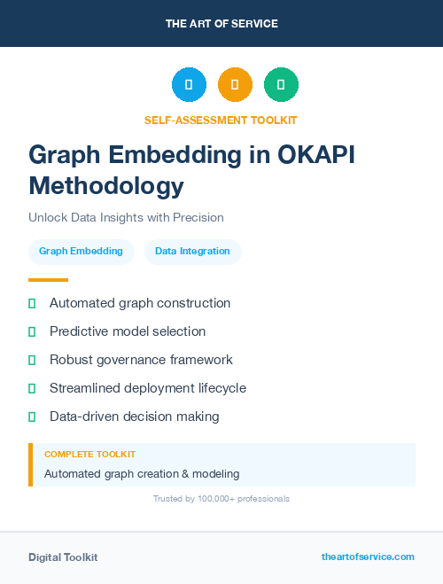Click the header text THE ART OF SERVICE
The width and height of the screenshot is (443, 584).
point(221,24)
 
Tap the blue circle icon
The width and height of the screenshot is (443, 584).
point(189,85)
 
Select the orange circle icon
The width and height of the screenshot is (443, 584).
point(235,85)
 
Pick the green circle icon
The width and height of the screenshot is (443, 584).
point(281,85)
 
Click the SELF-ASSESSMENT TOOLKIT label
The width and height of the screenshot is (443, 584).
point(221,120)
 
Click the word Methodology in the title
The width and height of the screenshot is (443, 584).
point(106,185)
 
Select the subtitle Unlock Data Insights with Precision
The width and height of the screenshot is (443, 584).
point(126,217)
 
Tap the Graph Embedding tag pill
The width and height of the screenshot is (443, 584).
point(81,252)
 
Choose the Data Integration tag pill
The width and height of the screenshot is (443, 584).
point(192,252)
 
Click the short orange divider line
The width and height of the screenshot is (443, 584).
point(48,279)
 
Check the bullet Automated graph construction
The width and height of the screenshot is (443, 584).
point(140,303)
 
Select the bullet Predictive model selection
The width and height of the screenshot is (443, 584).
point(128,331)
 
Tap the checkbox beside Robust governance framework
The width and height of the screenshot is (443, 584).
point(32,360)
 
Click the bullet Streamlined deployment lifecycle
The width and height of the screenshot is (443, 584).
point(148,388)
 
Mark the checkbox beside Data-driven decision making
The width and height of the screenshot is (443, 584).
point(32,417)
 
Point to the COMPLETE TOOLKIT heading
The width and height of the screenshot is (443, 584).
point(89,454)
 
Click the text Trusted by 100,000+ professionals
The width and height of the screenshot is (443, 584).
point(221,499)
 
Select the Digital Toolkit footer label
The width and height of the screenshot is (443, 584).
point(63,557)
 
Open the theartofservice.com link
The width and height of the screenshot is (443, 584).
point(368,557)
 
